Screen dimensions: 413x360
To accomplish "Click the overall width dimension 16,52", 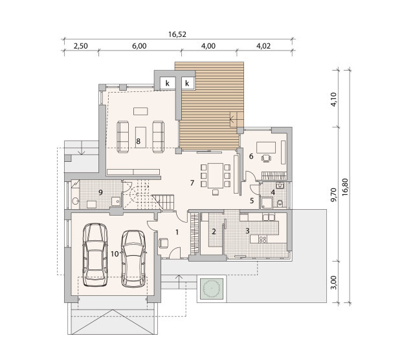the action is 177,34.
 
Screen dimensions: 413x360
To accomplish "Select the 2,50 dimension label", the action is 81,46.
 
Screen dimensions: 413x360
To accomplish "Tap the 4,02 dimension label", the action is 263,46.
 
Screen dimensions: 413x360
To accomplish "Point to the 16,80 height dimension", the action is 345,187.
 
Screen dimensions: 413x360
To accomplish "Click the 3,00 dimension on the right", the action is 333,282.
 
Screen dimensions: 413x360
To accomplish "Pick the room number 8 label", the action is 139,142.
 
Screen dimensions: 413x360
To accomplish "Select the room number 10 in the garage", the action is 115,254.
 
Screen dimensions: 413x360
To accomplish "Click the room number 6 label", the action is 251,156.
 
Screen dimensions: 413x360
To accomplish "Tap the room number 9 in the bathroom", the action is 100,192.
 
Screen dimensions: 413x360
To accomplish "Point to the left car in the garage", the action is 95,255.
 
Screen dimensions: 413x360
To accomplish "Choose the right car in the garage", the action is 133,259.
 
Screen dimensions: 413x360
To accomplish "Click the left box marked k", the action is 167,84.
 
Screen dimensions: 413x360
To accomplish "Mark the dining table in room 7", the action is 216,175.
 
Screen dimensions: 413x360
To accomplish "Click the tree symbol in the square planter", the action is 212,289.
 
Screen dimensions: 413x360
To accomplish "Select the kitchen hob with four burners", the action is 263,240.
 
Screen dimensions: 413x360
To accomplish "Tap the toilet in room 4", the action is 280,203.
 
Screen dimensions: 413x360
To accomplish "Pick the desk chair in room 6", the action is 266,158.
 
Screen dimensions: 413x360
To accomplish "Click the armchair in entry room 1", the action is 164,243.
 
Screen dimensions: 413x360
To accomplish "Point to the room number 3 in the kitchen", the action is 247,231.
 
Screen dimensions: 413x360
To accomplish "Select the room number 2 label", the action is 214,232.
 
